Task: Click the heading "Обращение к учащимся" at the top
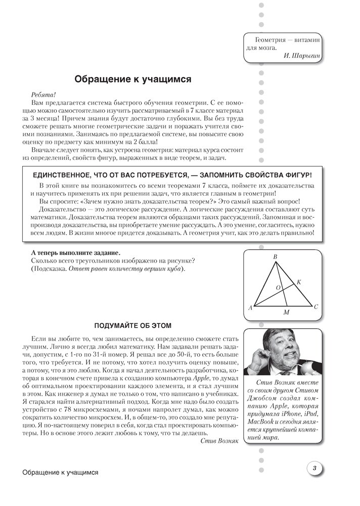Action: pyautogui.click(x=132, y=79)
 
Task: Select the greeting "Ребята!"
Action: pyautogui.click(x=43, y=94)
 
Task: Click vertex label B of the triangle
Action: pyautogui.click(x=275, y=258)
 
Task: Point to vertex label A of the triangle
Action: pyautogui.click(x=250, y=307)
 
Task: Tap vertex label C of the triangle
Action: pyautogui.click(x=316, y=306)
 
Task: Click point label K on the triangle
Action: pyautogui.click(x=298, y=281)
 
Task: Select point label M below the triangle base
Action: pyautogui.click(x=286, y=313)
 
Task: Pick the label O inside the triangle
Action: pyautogui.click(x=278, y=287)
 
